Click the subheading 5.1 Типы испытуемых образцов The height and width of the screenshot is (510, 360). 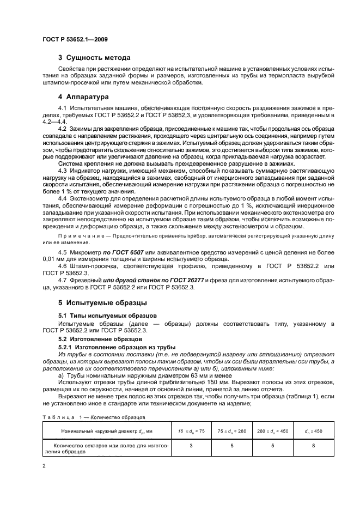pyautogui.click(x=103, y=315)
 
